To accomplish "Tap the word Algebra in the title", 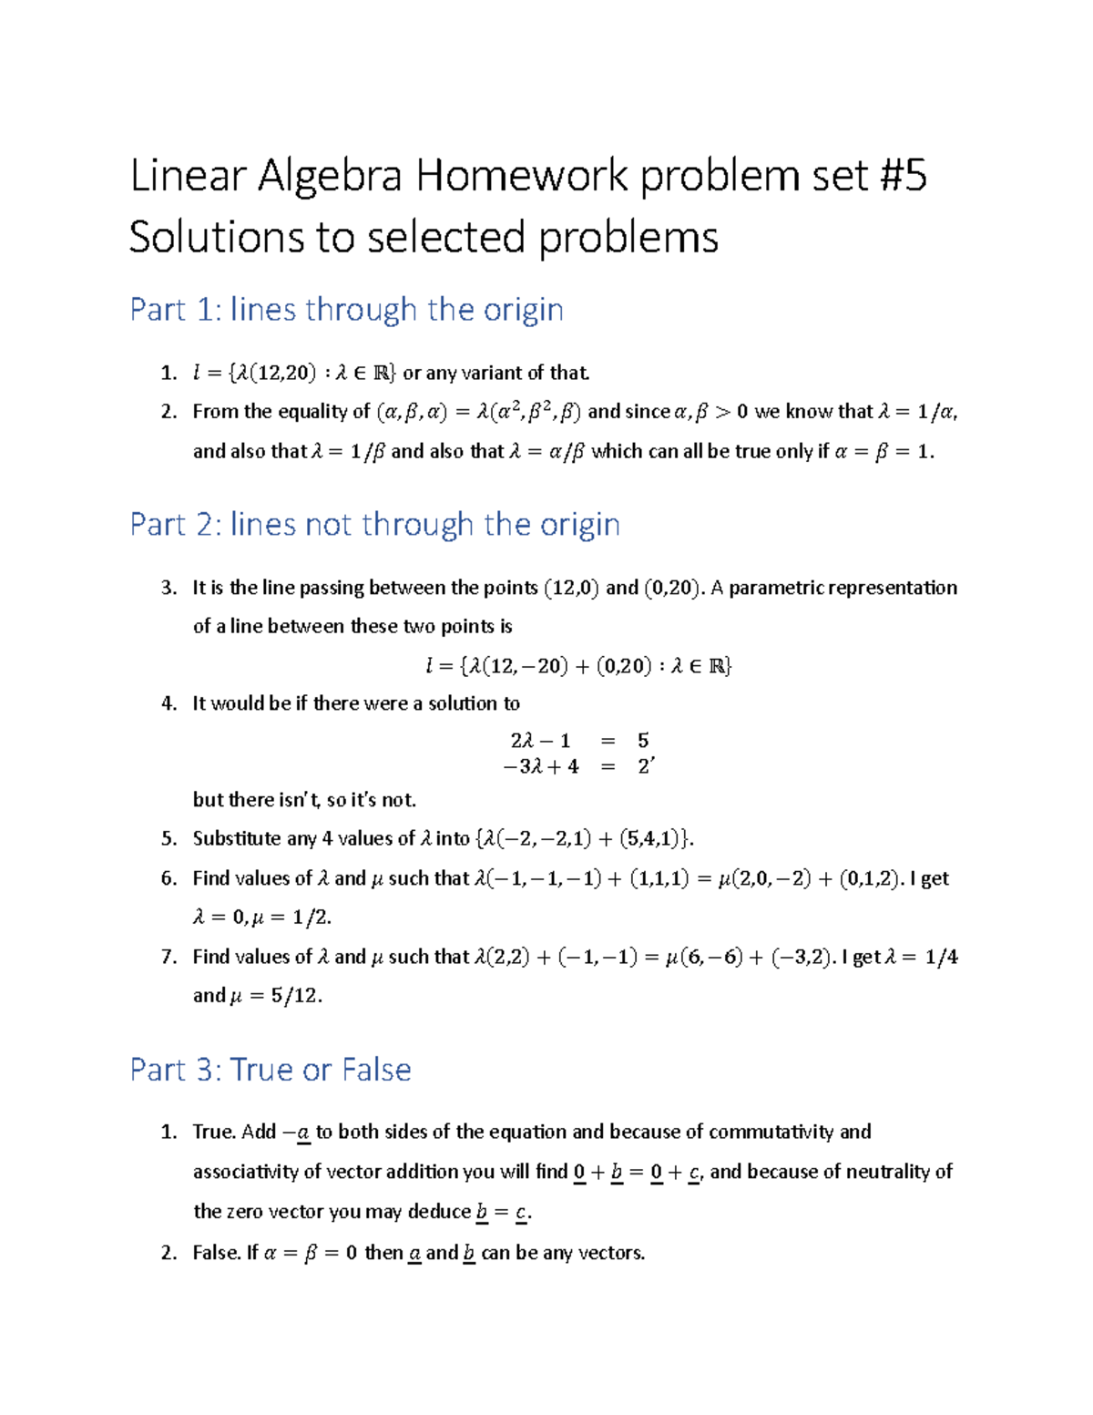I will pos(330,177).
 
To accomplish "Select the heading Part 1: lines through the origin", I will pos(346,310).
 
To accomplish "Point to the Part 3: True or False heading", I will pos(271,1069).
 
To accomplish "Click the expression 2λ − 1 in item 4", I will pos(540,741).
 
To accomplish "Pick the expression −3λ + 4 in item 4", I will pos(541,766).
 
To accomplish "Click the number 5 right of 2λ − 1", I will pos(643,741).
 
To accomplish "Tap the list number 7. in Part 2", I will pos(169,957).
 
